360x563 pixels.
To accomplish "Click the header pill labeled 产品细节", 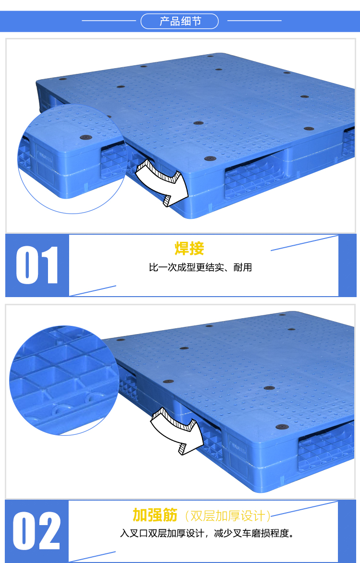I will coord(180,21).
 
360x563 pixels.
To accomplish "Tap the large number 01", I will coord(37,265).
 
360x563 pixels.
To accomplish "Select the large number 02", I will coord(37,531).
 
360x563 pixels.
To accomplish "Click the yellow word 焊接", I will coord(189,249).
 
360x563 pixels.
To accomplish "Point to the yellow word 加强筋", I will coord(155,515).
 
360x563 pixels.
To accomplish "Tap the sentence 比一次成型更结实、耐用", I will coord(200,267).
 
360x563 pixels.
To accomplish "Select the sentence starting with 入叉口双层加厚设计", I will coord(207,533).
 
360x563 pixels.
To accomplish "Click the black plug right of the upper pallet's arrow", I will coord(210,158).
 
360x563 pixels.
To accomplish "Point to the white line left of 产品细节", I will coord(109,21).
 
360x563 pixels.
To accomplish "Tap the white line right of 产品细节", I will coord(254,21).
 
